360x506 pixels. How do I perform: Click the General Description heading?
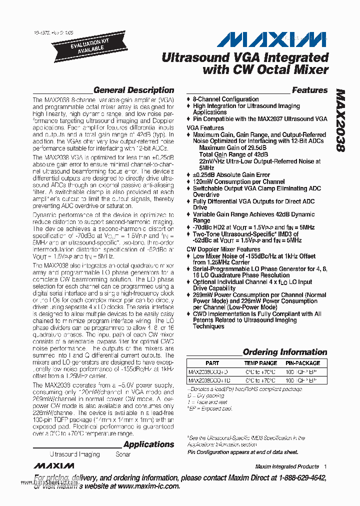click(x=133, y=90)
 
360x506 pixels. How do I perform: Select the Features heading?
click(x=309, y=90)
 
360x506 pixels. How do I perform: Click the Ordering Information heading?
click(x=284, y=352)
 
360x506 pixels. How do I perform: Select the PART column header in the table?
click(x=212, y=363)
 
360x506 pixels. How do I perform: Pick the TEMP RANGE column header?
click(x=260, y=363)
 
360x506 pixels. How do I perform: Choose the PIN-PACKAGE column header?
click(x=302, y=363)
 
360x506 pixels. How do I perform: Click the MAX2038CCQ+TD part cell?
click(x=208, y=380)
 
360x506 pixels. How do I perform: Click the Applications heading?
click(x=148, y=444)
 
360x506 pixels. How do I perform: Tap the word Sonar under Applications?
click(x=123, y=454)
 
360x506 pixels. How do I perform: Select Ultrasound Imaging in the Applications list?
click(x=74, y=454)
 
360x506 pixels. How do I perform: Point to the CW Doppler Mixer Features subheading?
click(x=223, y=249)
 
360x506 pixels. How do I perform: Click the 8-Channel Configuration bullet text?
click(x=225, y=99)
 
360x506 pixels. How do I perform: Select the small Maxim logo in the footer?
click(x=54, y=466)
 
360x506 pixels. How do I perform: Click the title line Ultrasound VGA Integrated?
click(x=245, y=57)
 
